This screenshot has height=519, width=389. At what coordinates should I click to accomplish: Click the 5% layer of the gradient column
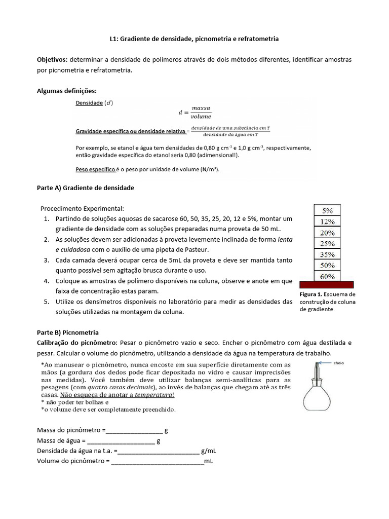tap(328, 210)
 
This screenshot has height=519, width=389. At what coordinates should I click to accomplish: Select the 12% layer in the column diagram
tap(328, 221)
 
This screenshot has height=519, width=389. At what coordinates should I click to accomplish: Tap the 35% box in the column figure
tap(328, 254)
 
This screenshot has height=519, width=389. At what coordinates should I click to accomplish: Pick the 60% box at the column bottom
tap(328, 276)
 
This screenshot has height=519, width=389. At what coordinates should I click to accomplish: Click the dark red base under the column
tap(327, 285)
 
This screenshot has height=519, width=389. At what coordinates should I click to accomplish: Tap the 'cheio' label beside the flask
tap(339, 363)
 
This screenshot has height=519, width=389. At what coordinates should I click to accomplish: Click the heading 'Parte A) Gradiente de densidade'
tap(86, 188)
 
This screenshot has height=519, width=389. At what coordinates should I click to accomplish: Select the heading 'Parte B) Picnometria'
tap(68, 332)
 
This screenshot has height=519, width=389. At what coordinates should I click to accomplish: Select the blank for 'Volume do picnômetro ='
tap(157, 462)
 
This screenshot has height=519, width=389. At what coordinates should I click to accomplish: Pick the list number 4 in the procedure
tap(46, 280)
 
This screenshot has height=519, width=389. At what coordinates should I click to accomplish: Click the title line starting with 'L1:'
tap(194, 39)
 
